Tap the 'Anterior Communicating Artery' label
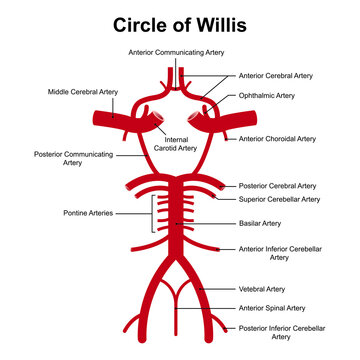[180, 51]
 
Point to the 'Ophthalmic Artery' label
[267, 95]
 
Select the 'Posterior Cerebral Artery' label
[278, 186]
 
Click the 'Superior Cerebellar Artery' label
[281, 199]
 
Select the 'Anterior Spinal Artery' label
[271, 308]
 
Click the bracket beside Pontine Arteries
[152, 213]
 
